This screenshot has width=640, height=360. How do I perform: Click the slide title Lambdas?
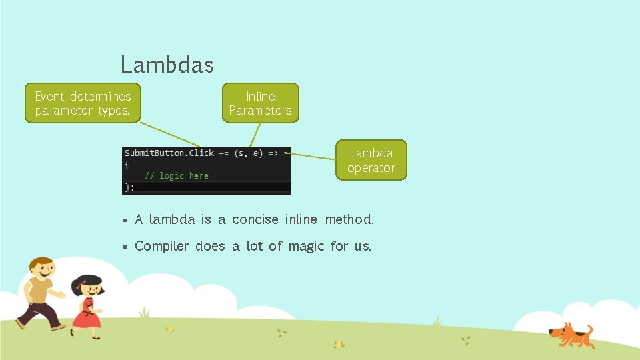[167, 65]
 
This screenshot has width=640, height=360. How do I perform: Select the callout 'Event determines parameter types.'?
[83, 103]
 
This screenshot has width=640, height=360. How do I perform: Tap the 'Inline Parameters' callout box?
[260, 103]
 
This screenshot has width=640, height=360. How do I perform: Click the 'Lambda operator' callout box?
[371, 160]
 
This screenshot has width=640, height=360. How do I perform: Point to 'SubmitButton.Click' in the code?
[169, 153]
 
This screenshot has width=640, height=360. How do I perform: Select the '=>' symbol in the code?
[273, 153]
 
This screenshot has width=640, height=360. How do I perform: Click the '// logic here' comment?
[177, 175]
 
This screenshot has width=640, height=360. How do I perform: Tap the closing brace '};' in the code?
[129, 187]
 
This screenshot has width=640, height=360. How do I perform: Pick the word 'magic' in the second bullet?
[306, 246]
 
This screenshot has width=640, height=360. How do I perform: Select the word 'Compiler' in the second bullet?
[162, 246]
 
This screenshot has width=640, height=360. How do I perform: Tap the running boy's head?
[41, 270]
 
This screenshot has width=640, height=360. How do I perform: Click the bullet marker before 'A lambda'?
[124, 220]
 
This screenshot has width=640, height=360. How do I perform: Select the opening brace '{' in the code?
[127, 164]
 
